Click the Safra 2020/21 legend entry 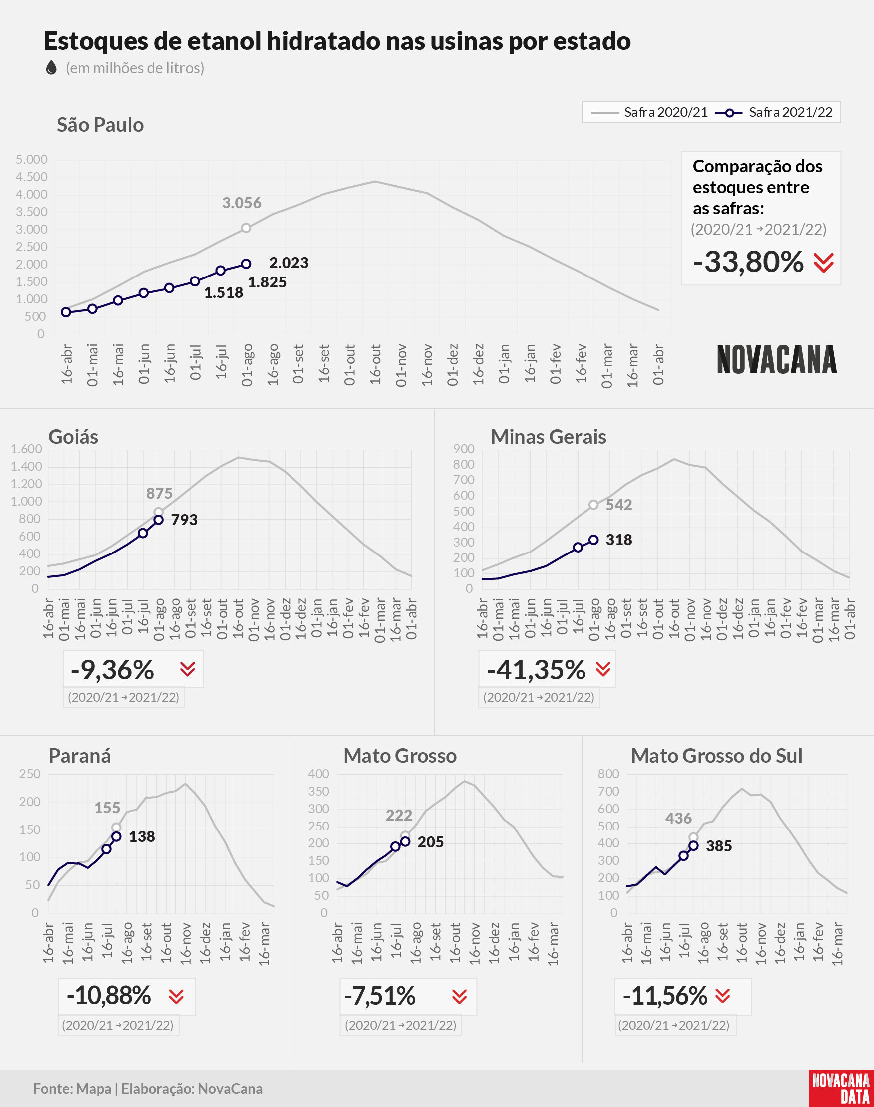pyautogui.click(x=649, y=112)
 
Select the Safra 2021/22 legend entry pyautogui.click(x=774, y=112)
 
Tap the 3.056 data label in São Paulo pyautogui.click(x=242, y=203)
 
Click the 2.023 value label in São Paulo pyautogui.click(x=289, y=263)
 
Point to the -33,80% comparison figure pyautogui.click(x=749, y=262)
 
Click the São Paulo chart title pyautogui.click(x=100, y=125)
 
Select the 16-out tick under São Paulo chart pyautogui.click(x=375, y=364)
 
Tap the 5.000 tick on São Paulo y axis pyautogui.click(x=32, y=160)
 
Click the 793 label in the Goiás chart pyautogui.click(x=184, y=520)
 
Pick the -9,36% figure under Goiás pyautogui.click(x=113, y=670)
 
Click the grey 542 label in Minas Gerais pyautogui.click(x=619, y=505)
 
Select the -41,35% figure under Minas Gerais pyautogui.click(x=536, y=670)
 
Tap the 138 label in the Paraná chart pyautogui.click(x=142, y=837)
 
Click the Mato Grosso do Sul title pyautogui.click(x=717, y=756)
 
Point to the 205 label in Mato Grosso pyautogui.click(x=430, y=842)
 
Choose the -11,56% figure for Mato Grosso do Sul pyautogui.click(x=665, y=996)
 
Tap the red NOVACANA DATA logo pyautogui.click(x=841, y=1088)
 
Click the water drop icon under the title pyautogui.click(x=51, y=67)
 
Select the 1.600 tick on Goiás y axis pyautogui.click(x=26, y=449)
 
